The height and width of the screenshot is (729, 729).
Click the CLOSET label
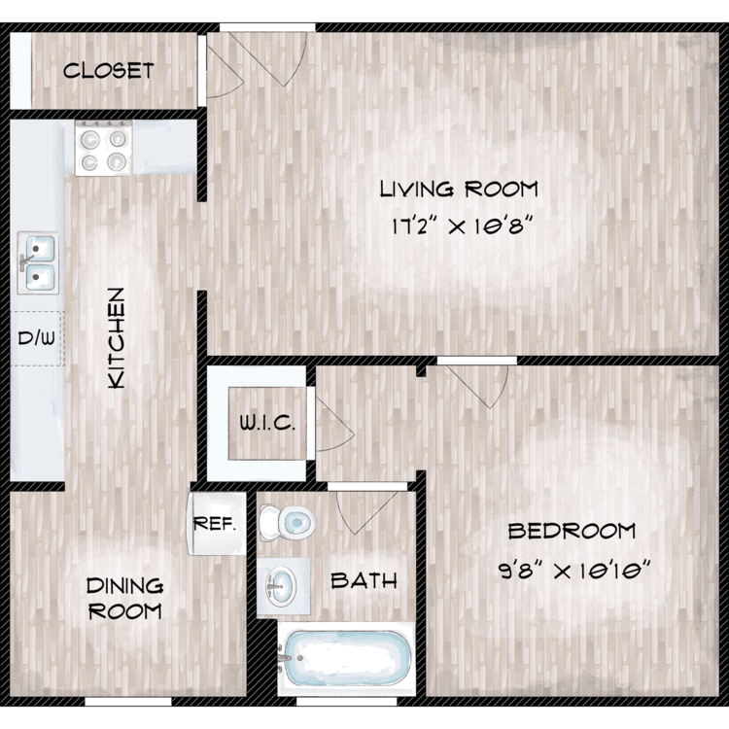[108, 71]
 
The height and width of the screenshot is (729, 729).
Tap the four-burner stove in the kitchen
[104, 148]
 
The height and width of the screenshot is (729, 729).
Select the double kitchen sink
[38, 262]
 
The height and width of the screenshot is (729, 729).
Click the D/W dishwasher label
[36, 338]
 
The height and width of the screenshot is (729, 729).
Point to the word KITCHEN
[117, 338]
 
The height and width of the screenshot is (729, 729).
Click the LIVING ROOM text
[459, 190]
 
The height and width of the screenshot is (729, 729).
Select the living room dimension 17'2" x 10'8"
[461, 226]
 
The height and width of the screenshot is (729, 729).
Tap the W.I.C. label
[267, 423]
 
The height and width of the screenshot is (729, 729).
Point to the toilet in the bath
[287, 523]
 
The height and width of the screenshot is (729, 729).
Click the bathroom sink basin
[281, 586]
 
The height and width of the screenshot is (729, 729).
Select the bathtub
[346, 658]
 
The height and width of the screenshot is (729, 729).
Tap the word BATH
[364, 580]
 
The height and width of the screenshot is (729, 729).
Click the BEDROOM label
[572, 531]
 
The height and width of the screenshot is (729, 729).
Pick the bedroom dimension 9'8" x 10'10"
[574, 570]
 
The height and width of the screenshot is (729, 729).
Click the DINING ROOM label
[124, 599]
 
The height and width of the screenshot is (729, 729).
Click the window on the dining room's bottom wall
[128, 701]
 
